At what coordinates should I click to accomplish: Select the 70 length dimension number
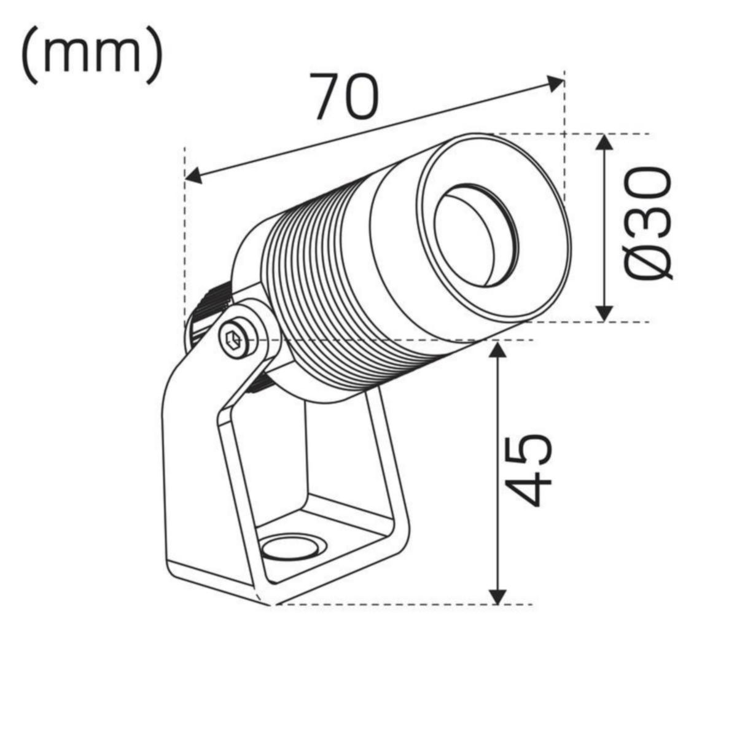[344, 96]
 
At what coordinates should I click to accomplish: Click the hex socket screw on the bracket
[234, 338]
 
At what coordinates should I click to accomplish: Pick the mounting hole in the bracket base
[288, 545]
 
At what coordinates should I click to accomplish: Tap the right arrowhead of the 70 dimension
[556, 82]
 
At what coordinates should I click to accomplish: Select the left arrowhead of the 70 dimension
[193, 177]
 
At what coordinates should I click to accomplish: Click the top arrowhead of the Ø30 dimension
[605, 142]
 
